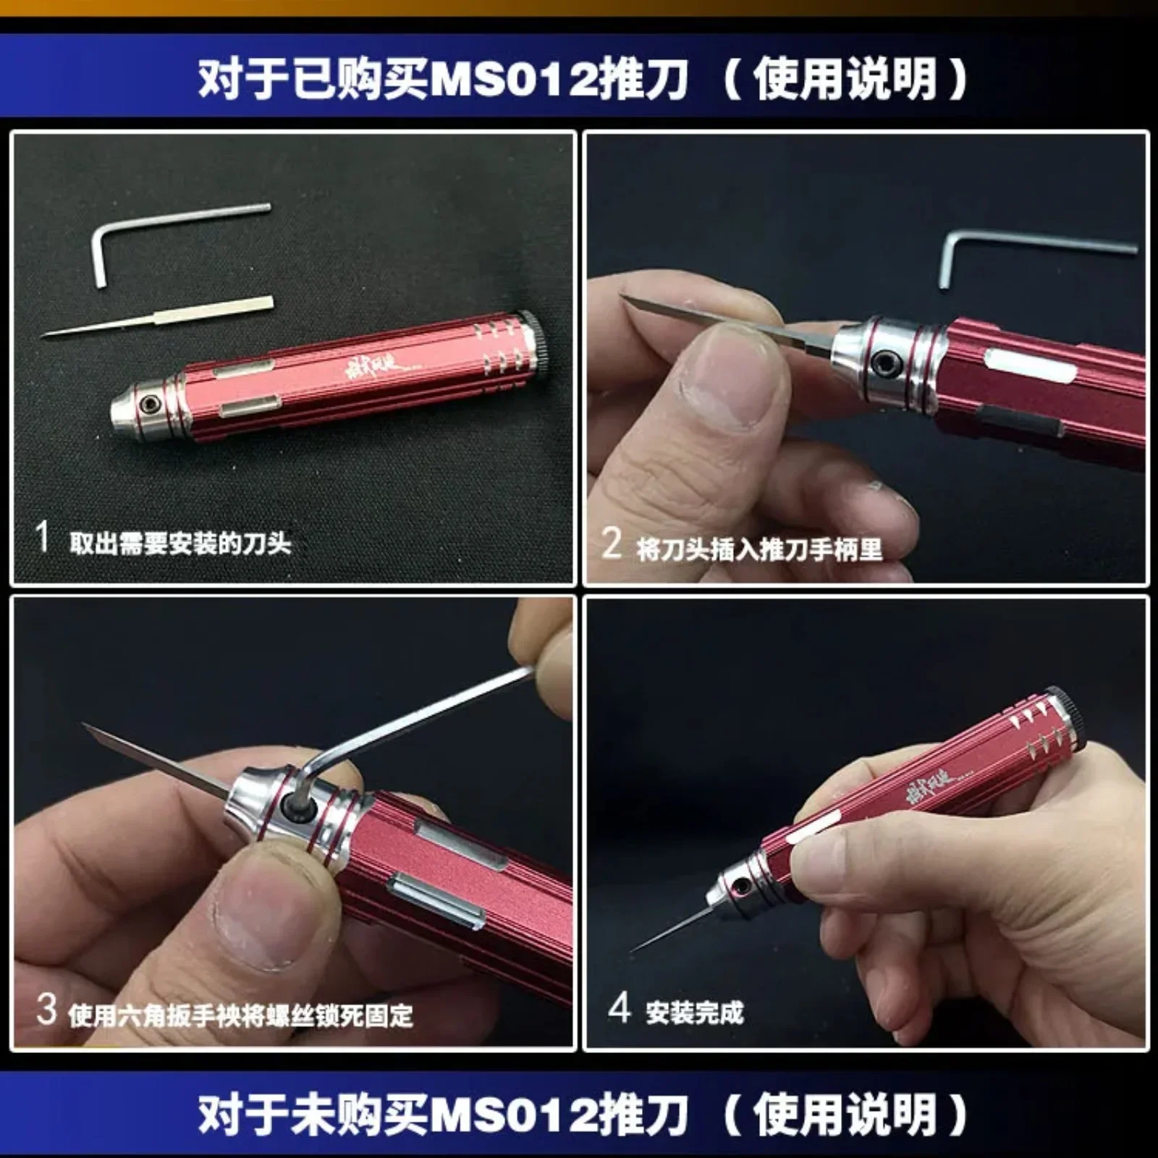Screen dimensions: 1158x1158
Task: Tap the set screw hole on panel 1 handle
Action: point(151,402)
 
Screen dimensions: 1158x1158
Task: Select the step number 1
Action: point(42,537)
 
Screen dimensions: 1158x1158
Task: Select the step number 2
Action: point(612,543)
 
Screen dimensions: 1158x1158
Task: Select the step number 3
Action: point(46,1009)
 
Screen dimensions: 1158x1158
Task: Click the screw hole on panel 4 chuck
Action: point(740,884)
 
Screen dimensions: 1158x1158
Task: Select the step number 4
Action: point(620,1007)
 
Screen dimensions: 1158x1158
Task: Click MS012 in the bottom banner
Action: point(515,1115)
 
